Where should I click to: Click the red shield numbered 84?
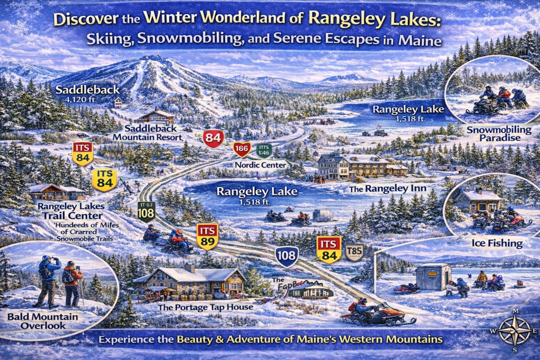click(214, 139)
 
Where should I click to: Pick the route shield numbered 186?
click(242, 149)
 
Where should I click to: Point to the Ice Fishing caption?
click(497, 244)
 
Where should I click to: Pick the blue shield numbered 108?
click(287, 257)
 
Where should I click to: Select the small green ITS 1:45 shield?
click(264, 150)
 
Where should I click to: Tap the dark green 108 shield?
click(146, 210)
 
